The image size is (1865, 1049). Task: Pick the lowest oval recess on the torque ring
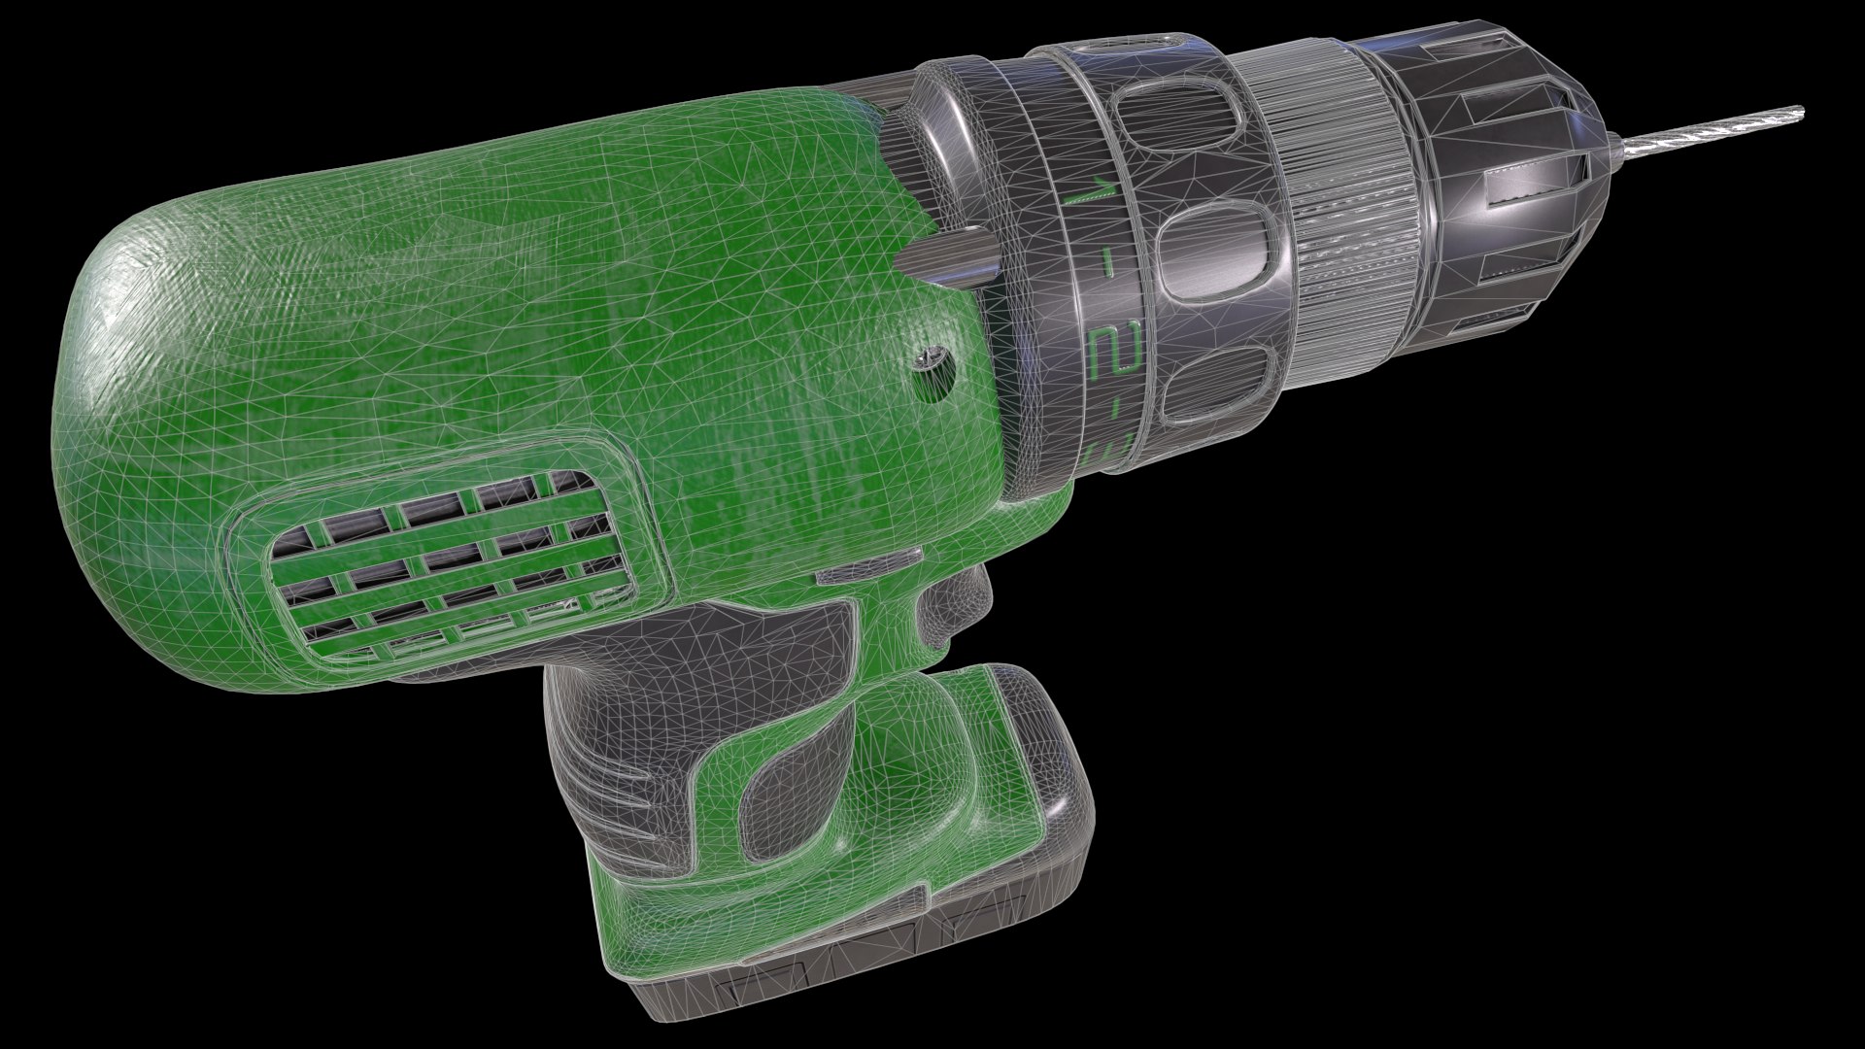(1215, 384)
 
